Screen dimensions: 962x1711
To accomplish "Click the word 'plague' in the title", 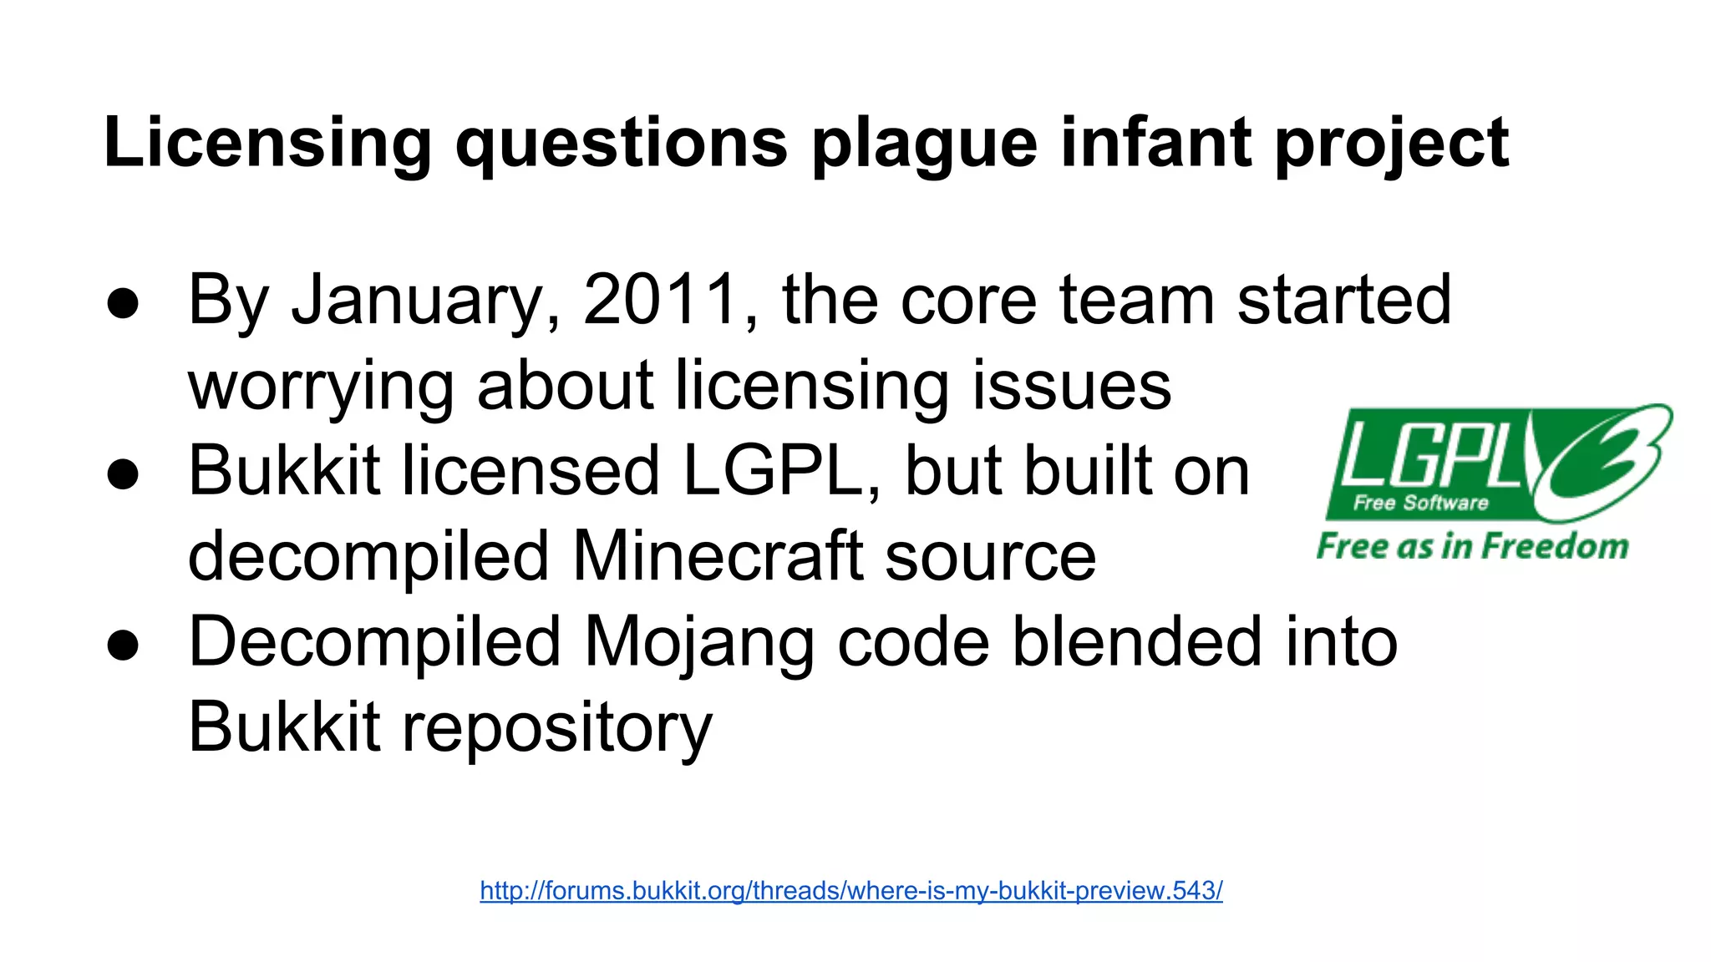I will pos(924,144).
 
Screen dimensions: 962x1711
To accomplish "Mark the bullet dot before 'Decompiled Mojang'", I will pos(123,645).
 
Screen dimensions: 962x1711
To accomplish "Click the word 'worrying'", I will pos(321,387).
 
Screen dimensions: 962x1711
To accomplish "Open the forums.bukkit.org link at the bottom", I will pos(851,891).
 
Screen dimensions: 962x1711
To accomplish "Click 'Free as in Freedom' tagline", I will pos(1472,546).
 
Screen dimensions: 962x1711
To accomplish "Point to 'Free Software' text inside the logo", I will pos(1420,503).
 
